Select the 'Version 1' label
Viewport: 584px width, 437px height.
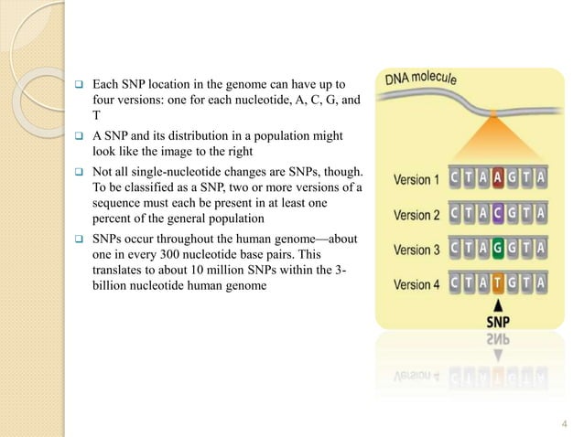pos(416,180)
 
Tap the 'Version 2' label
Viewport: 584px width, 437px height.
pos(416,215)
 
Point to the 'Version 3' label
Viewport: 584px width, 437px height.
pos(416,250)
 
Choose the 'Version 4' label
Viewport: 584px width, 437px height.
pos(416,284)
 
